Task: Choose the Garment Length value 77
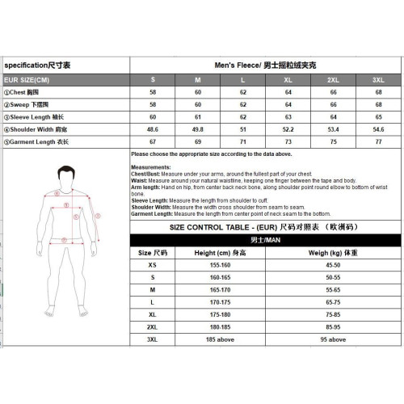pos(377,141)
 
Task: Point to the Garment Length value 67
pos(154,141)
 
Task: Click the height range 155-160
pos(220,264)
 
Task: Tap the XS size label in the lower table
pos(152,264)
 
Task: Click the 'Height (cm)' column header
pos(220,252)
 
